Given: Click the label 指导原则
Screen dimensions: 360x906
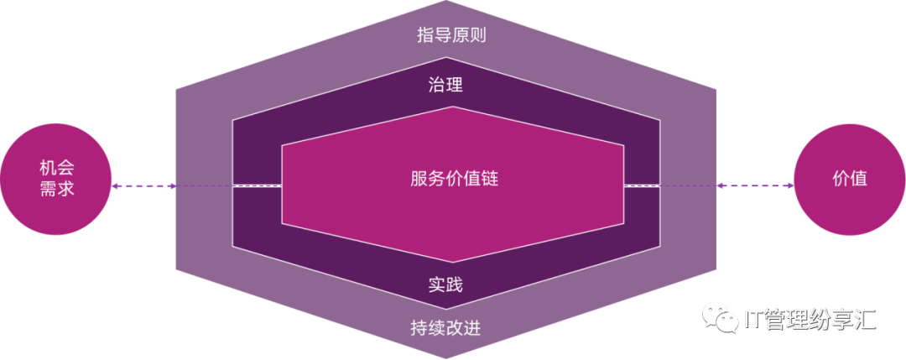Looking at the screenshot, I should (x=451, y=36).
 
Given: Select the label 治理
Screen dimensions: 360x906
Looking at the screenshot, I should (x=445, y=85).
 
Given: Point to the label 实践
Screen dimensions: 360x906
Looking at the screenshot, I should (x=445, y=285).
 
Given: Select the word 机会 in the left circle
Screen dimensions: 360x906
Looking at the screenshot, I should (x=57, y=168).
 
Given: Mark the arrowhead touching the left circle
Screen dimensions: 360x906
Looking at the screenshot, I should (x=117, y=186).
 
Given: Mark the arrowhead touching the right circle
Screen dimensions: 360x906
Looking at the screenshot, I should (x=789, y=186).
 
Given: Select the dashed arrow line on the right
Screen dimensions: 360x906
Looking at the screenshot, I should (x=755, y=186).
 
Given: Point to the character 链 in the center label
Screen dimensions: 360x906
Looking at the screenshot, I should (x=489, y=179).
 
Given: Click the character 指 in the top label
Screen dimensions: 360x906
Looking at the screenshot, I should (x=425, y=36).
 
